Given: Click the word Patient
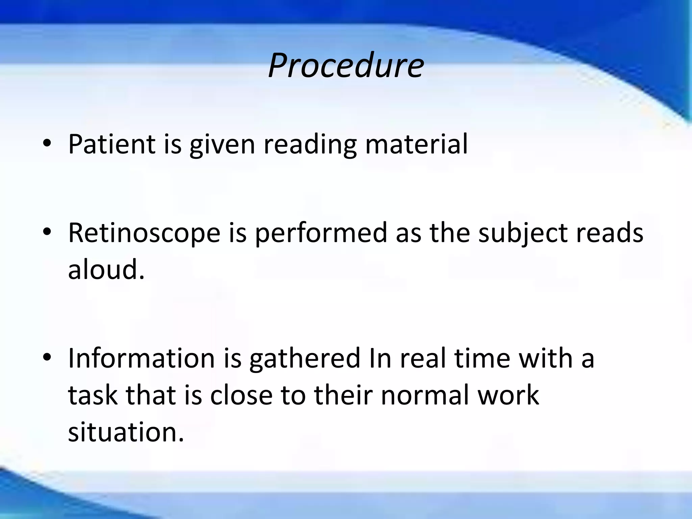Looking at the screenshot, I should tap(112, 144).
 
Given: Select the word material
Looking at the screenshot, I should tap(416, 144).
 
